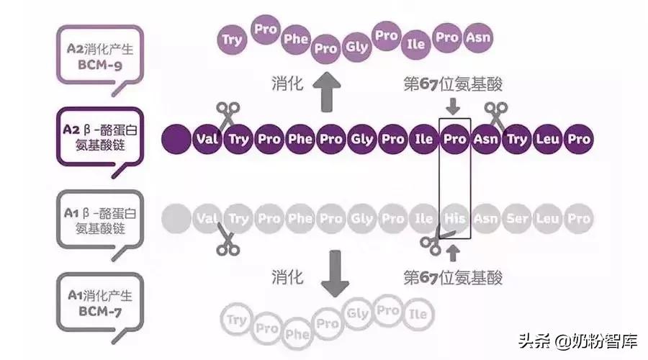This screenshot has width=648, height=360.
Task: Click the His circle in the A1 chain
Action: [455, 217]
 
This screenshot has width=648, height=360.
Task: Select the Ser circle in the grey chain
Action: [517, 217]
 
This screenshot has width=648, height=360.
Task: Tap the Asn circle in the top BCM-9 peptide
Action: [477, 36]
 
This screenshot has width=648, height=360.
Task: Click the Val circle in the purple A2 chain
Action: [207, 138]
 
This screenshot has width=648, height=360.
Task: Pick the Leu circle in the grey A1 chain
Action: [548, 217]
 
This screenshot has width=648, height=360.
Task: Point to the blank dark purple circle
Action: [175, 138]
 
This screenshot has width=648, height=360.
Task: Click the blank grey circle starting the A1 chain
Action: [175, 217]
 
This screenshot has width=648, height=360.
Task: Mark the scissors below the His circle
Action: [435, 242]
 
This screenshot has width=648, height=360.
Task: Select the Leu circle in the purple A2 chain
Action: [548, 138]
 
